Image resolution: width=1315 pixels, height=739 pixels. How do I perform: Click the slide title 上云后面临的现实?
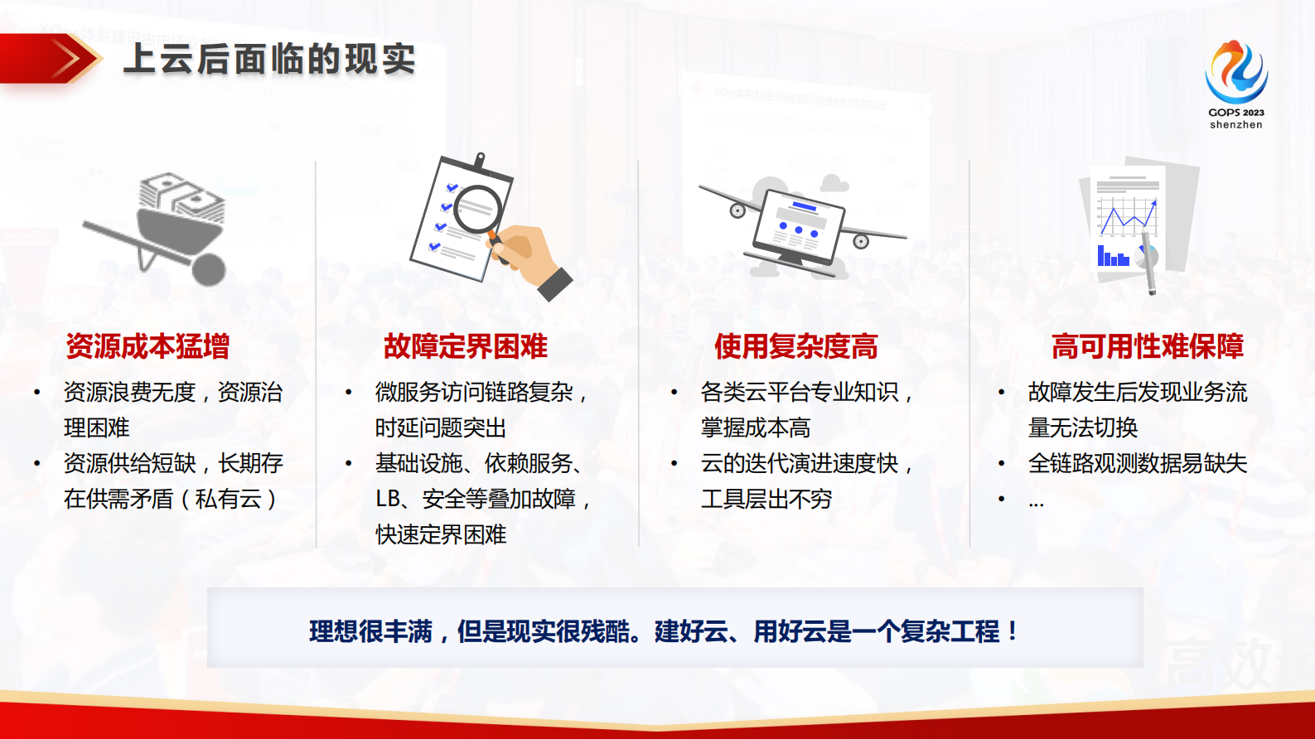269,59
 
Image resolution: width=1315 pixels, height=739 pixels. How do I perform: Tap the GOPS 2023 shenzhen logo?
1235,84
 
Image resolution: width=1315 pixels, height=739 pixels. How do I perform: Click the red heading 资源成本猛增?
147,346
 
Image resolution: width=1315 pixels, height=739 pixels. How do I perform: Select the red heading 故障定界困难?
466,346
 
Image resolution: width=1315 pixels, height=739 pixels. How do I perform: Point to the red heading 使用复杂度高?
796,346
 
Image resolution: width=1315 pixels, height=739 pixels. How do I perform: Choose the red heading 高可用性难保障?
1148,346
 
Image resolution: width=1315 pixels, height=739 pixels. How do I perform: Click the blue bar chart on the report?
1113,257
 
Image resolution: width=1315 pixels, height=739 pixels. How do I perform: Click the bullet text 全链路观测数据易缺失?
1137,463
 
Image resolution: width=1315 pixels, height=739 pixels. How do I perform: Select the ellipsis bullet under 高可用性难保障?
1036,500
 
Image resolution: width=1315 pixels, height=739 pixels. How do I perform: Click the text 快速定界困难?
441,534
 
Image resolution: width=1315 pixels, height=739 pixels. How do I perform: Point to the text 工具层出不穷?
766,499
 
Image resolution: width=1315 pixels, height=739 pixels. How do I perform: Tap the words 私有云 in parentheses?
228,499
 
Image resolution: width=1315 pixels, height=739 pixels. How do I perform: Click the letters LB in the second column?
388,499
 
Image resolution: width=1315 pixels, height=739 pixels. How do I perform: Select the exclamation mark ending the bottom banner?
1013,631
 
